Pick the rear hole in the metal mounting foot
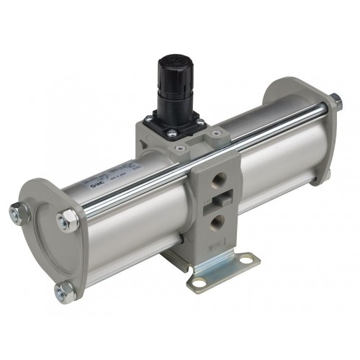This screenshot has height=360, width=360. pyautogui.click(x=251, y=259)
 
